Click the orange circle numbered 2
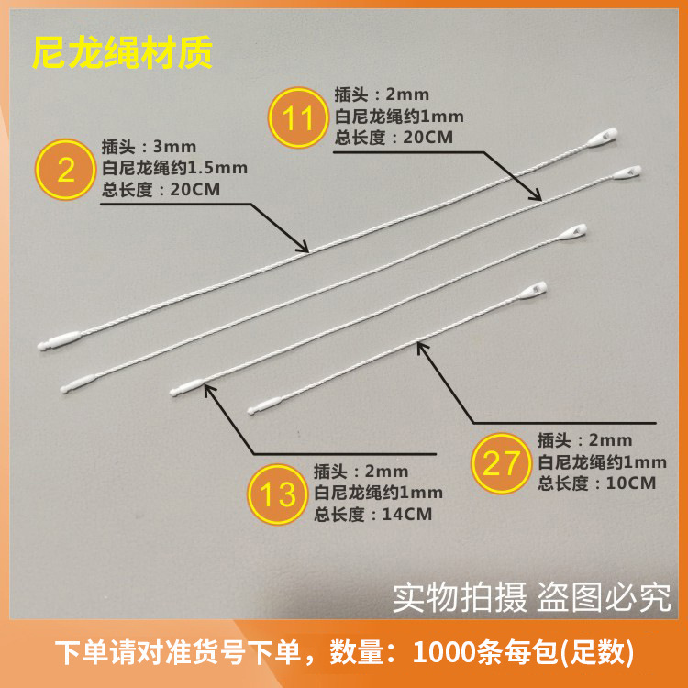coord(65,170)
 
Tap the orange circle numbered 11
coord(298,117)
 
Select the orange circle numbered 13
coord(277,494)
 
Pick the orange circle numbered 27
coord(502,463)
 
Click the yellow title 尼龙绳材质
coord(122,52)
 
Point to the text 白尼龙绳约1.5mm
coord(174,168)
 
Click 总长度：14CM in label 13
coord(373,515)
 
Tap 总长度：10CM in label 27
coord(597,483)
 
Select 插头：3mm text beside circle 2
coord(149,146)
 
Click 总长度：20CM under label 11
coord(394,138)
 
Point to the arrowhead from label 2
coord(304,246)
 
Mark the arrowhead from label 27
coord(422,348)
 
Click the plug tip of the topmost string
coord(40,346)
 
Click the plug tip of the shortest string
coord(250,412)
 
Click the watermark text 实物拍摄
coord(460,597)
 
